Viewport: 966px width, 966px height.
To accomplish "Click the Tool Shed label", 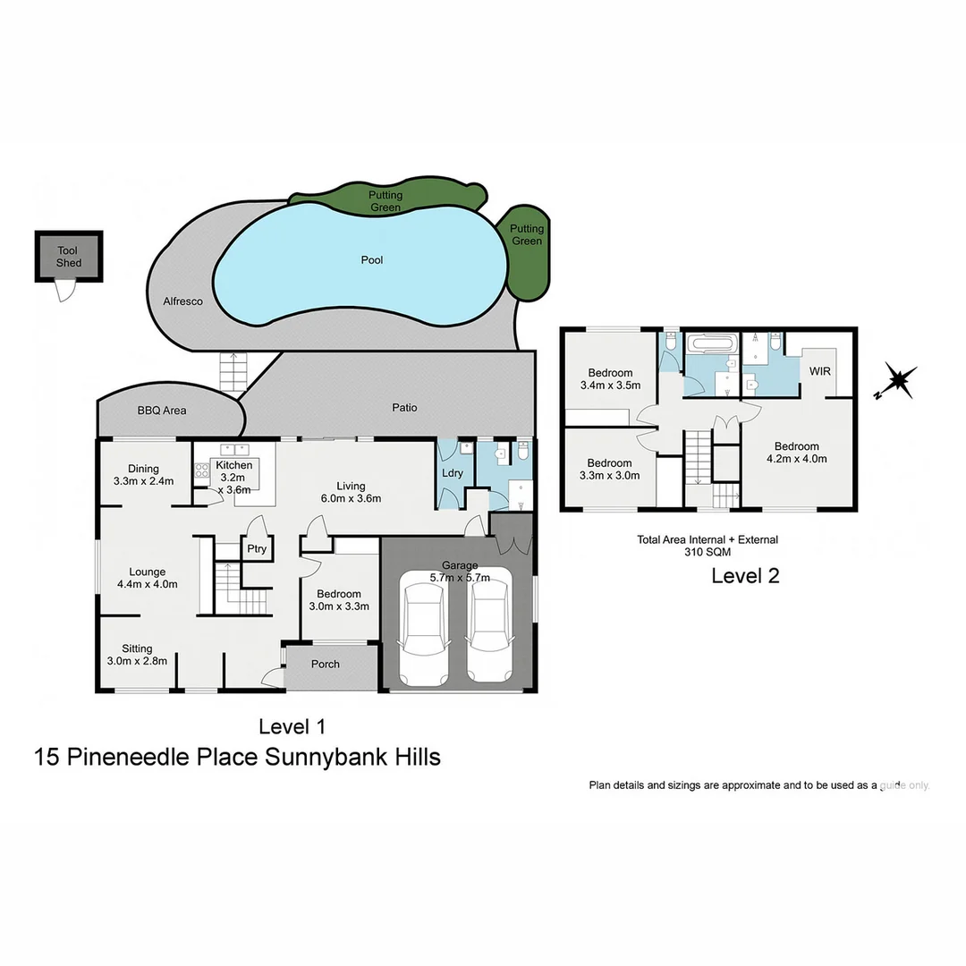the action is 69,257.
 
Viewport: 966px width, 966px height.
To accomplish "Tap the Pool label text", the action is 372,260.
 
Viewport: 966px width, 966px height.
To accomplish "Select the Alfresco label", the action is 182,301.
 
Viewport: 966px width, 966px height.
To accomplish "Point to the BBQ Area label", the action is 162,411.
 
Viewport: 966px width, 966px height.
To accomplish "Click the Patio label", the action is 404,408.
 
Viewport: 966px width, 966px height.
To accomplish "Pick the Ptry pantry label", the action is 257,549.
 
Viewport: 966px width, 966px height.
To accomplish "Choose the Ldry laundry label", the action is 453,473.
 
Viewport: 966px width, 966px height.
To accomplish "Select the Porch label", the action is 326,664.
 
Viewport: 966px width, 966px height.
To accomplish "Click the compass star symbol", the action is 897,380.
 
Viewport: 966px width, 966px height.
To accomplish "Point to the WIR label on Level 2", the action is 820,370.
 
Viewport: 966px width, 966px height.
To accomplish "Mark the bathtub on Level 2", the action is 711,343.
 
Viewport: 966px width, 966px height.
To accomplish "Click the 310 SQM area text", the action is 707,552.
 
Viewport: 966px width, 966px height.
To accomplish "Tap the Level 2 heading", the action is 745,576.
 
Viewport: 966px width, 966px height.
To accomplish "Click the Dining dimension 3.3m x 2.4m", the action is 143,481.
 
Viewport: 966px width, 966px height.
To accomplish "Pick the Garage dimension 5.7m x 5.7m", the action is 459,578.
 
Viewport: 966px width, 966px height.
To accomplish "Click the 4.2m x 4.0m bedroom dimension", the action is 796,459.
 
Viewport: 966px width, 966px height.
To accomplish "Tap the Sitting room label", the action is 137,648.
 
